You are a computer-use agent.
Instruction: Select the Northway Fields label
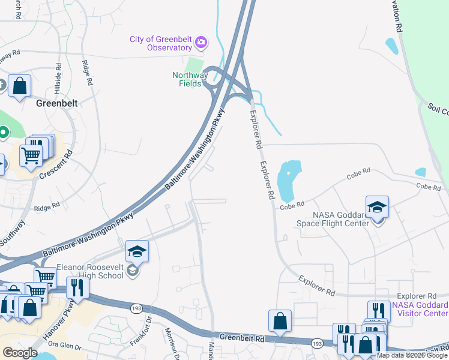tap(190, 79)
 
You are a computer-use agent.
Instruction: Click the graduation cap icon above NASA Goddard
tap(377, 208)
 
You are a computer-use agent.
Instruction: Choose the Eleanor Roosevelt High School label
tap(89, 272)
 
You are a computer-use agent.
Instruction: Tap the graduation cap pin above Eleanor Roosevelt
tap(137, 251)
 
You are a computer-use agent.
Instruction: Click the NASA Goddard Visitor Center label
tap(420, 308)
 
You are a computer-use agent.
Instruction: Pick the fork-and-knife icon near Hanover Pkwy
tap(77, 288)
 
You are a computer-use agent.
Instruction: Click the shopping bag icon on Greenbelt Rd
tap(280, 321)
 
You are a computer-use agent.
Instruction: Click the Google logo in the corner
tap(20, 353)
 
